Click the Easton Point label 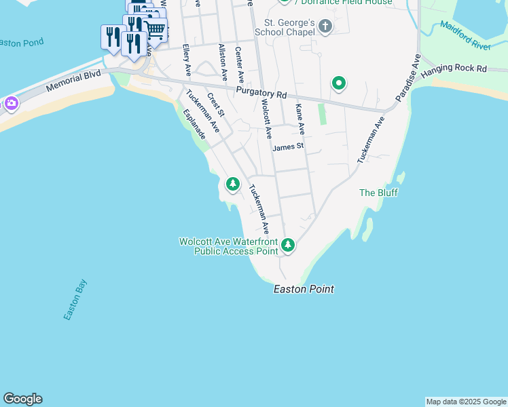point(304,289)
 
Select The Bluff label point(378,193)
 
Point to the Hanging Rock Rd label point(463,69)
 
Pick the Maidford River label point(465,35)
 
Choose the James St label point(287,146)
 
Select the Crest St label point(215,104)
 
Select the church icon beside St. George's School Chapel point(325,27)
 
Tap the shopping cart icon point(155,28)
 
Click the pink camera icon point(11,103)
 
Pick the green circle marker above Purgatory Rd point(338,84)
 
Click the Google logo point(22,399)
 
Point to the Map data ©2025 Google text point(466,402)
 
